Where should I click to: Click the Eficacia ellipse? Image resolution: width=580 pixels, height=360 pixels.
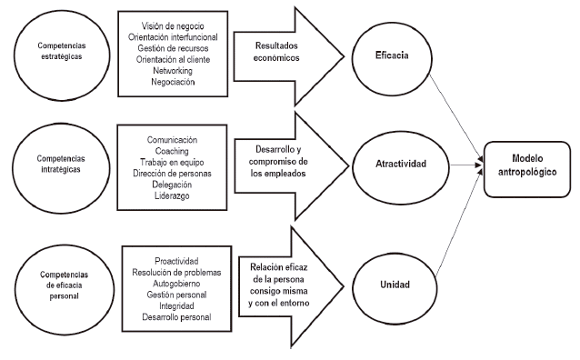[x=392, y=55]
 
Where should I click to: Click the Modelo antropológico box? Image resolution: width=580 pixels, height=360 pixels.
[x=528, y=165]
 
